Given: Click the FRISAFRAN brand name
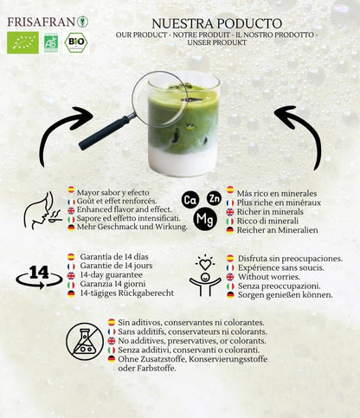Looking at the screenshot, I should click(40, 21).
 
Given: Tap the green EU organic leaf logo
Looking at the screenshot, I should click(22, 42).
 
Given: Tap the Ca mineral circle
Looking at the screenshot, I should click(190, 201).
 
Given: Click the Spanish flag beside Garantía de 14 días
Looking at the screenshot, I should click(71, 257).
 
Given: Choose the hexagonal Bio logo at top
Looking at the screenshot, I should click(77, 42).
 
